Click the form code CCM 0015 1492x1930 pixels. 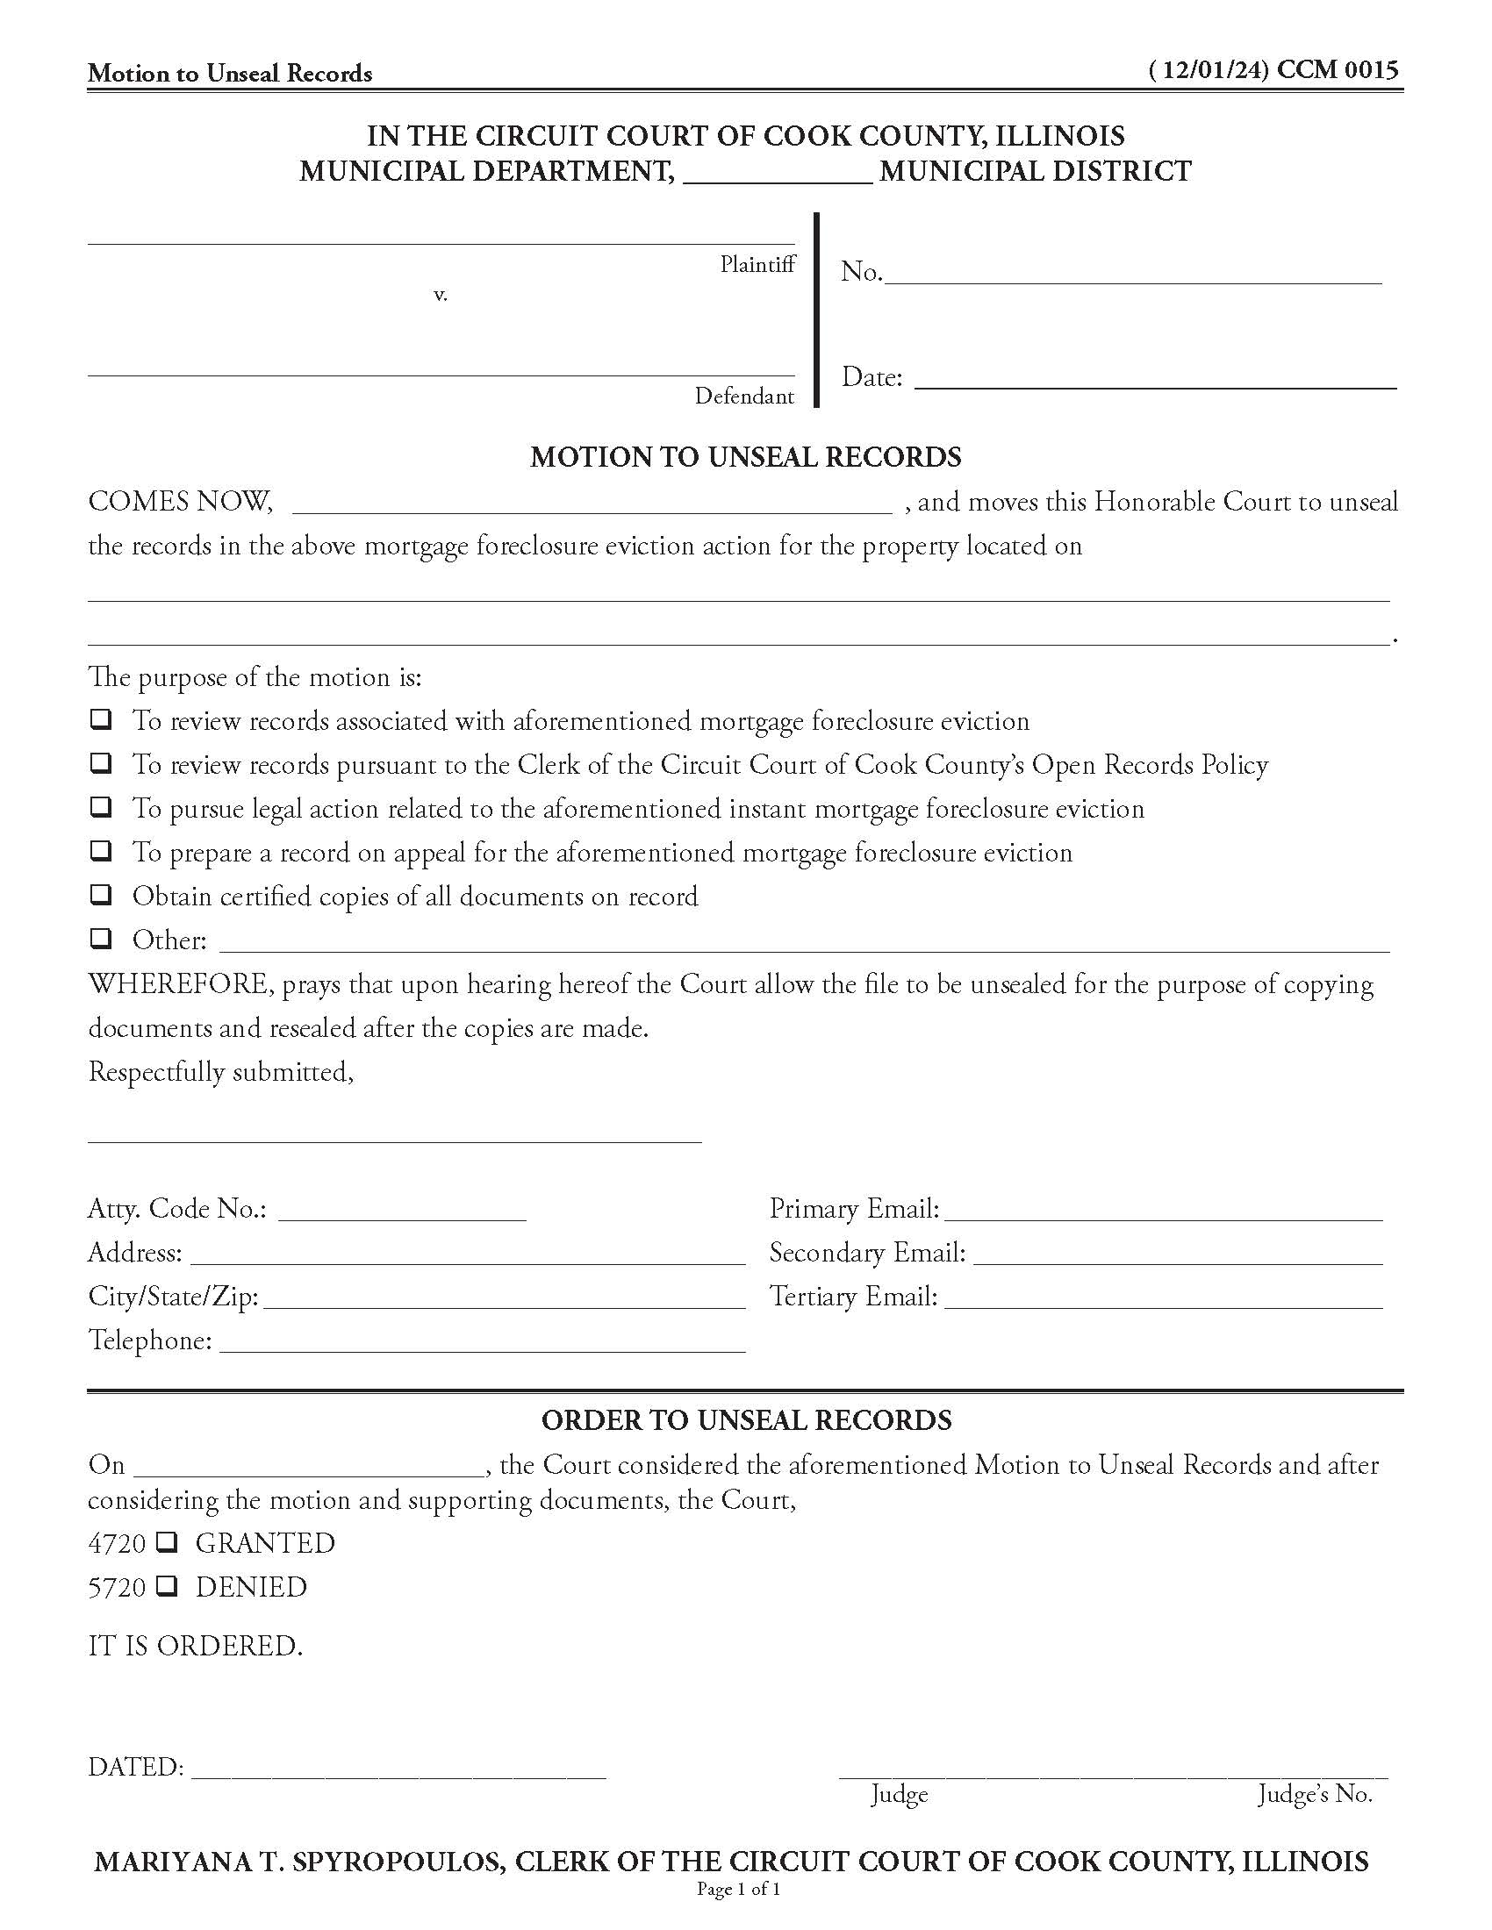coord(1338,70)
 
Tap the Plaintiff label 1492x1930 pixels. coord(757,264)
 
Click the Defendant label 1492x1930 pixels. coord(744,396)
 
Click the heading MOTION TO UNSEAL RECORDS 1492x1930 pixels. coord(745,457)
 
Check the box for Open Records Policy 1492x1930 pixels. coord(102,762)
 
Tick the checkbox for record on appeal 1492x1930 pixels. coord(102,850)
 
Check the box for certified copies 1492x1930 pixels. coord(102,894)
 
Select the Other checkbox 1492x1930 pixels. coord(102,938)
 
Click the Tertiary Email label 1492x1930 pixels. coord(853,1297)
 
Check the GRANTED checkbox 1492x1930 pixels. coord(167,1543)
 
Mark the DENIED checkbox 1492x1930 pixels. coord(167,1587)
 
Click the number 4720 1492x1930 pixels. coord(117,1544)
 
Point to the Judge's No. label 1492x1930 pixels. coord(1315,1795)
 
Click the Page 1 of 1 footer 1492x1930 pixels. coord(738,1891)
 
